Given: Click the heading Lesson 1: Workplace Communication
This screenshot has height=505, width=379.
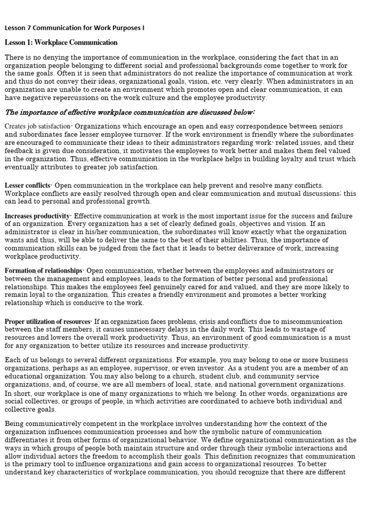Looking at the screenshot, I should (61, 43).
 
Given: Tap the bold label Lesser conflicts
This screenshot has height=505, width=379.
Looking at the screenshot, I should (28, 185).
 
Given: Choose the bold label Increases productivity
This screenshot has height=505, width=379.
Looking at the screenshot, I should (37, 216).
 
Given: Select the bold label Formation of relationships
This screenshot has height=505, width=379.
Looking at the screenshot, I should (43, 271).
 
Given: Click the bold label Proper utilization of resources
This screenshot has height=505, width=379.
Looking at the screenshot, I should (48, 322).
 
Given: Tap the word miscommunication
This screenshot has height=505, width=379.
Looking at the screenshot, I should (305, 322).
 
